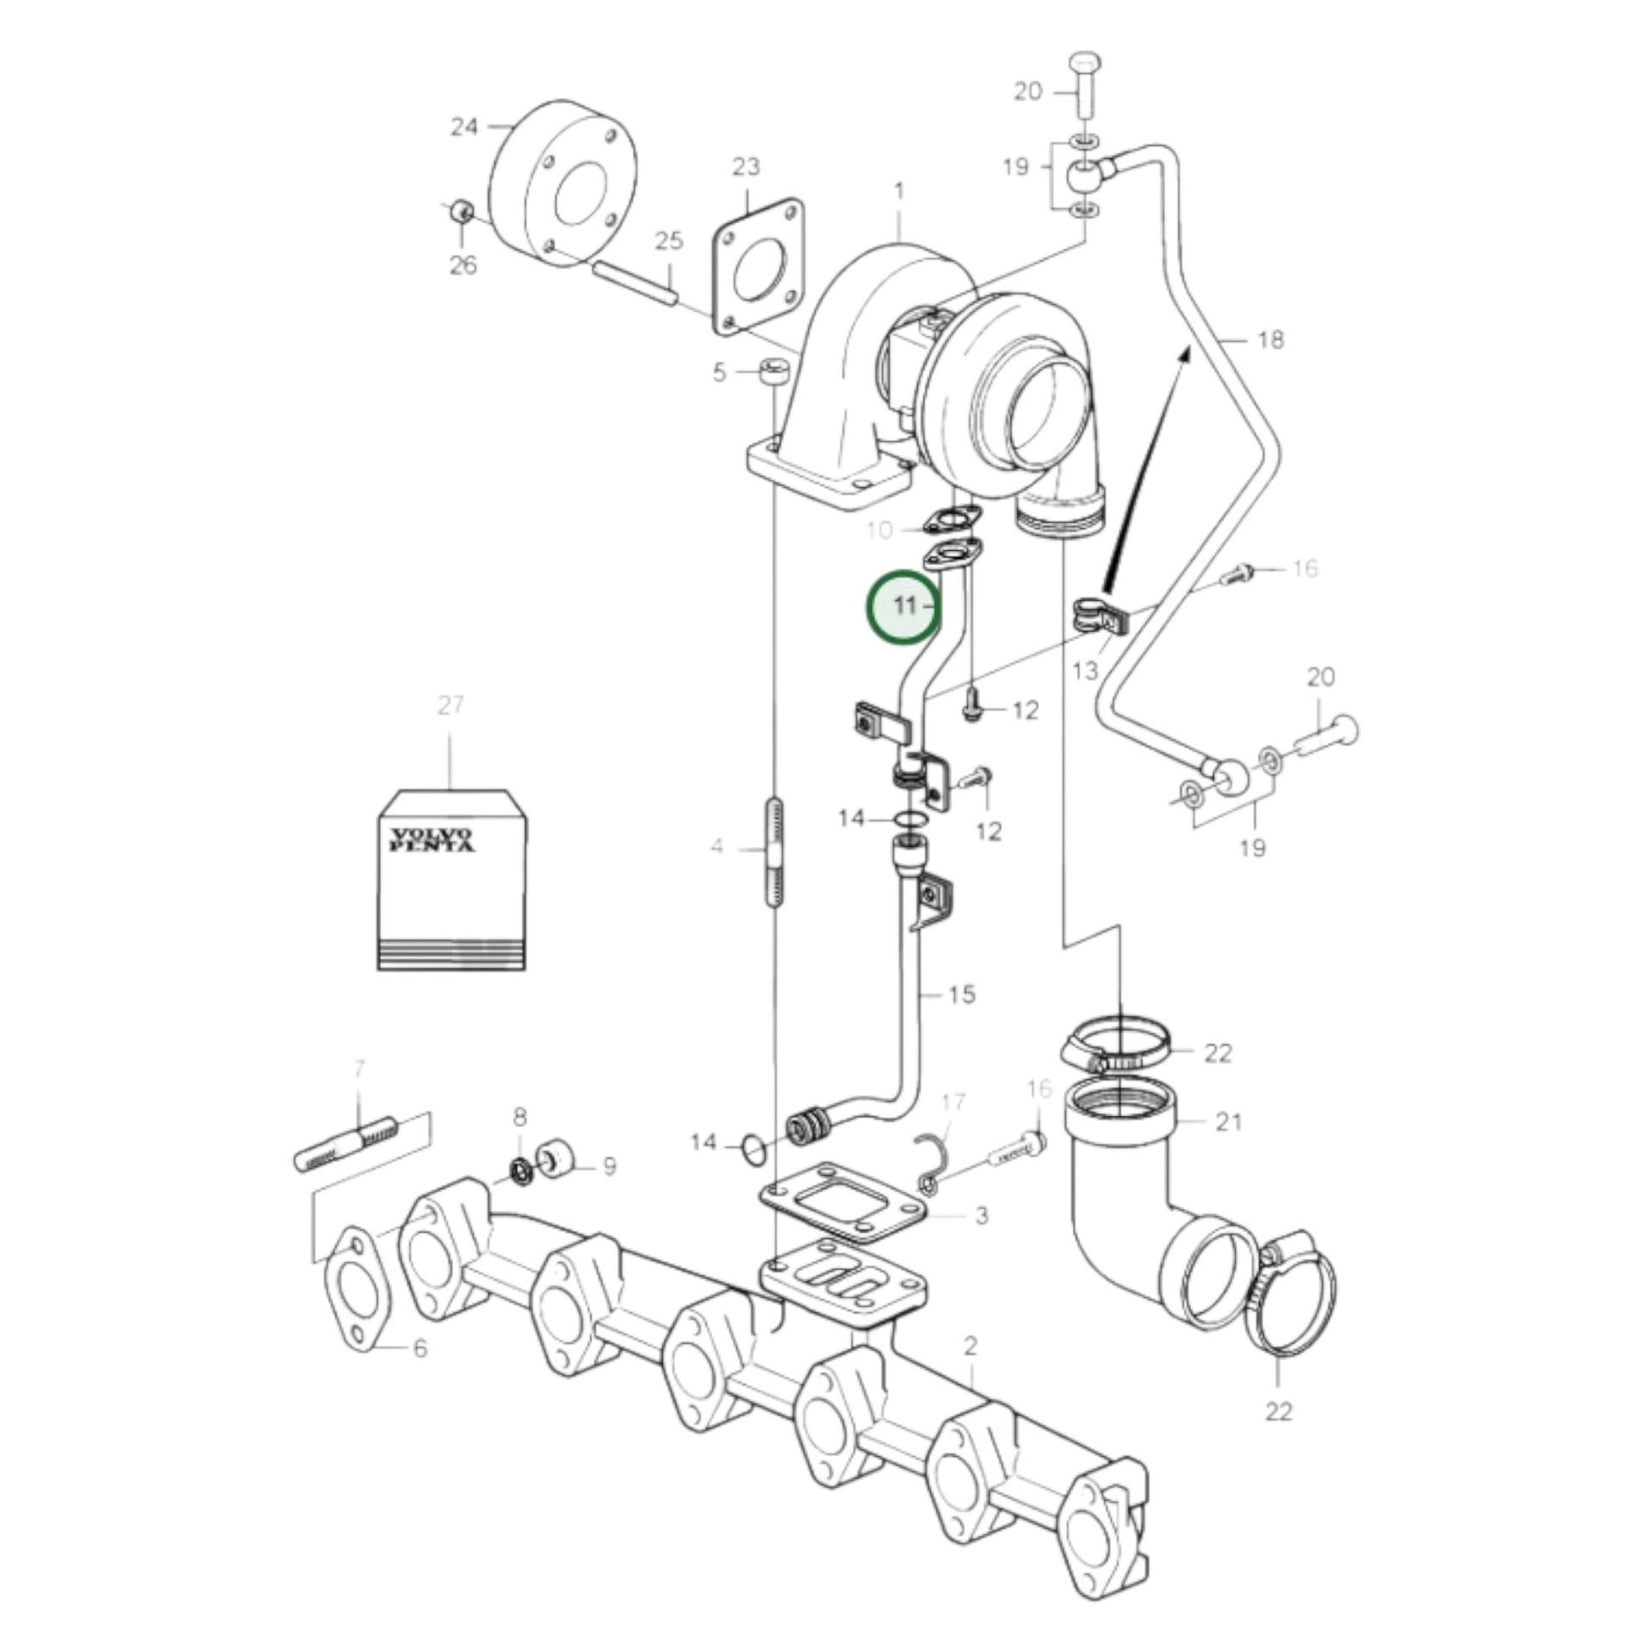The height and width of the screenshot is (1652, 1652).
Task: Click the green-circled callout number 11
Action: click(x=904, y=606)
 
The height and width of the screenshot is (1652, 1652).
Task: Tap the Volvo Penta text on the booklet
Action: click(x=431, y=839)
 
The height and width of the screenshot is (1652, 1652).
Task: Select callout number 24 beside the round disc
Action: click(x=464, y=127)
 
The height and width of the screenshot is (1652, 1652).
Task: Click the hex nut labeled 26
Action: click(x=462, y=210)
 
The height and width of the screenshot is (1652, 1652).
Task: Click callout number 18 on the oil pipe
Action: click(x=1272, y=340)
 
